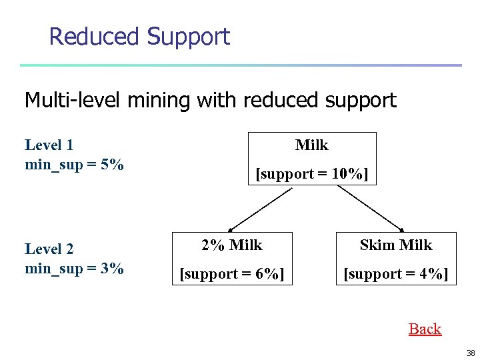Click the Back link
coord(425,329)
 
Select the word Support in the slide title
coord(189,36)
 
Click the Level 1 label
coord(49,145)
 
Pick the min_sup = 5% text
coord(74,164)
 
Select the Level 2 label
coord(49,249)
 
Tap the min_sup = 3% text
coord(74,269)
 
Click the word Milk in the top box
coord(312,145)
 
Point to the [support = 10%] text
coord(312,174)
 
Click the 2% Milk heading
coord(232,245)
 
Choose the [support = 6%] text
coord(232,274)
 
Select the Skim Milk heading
coord(396,245)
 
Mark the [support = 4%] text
coord(396,274)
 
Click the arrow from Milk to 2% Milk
coord(260,208)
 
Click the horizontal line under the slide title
coord(240,65)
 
